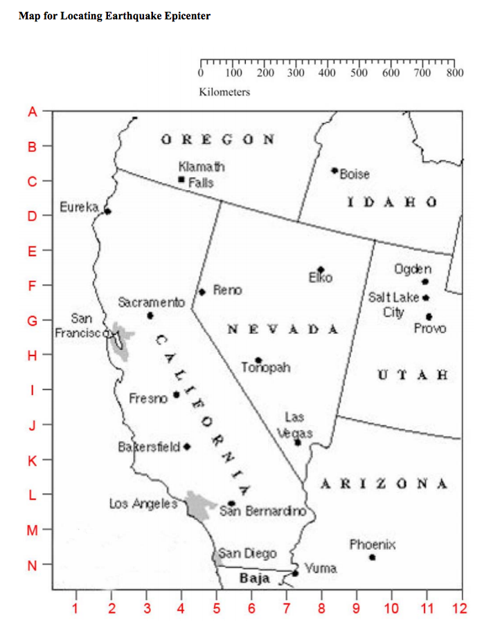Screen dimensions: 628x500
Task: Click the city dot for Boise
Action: [x=334, y=170]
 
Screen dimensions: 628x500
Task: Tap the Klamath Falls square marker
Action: [x=181, y=179]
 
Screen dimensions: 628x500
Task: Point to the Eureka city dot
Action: [x=107, y=211]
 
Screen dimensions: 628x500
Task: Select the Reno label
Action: [x=227, y=290]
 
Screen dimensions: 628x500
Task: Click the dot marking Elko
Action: [x=321, y=269]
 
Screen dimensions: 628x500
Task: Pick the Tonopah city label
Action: [x=266, y=368]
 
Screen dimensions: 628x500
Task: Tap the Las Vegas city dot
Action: [x=298, y=442]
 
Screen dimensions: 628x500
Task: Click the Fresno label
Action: [x=148, y=398]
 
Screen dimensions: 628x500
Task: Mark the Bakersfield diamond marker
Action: [x=186, y=446]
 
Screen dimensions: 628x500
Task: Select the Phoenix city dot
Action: [x=373, y=557]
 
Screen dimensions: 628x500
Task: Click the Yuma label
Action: [x=321, y=568]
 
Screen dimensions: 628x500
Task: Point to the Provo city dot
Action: [x=429, y=316]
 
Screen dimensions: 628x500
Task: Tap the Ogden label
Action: [x=413, y=268]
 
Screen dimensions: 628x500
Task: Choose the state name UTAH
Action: [x=413, y=376]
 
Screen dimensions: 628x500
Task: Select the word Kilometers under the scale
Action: [x=224, y=91]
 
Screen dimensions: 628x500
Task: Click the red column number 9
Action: [x=357, y=609]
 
